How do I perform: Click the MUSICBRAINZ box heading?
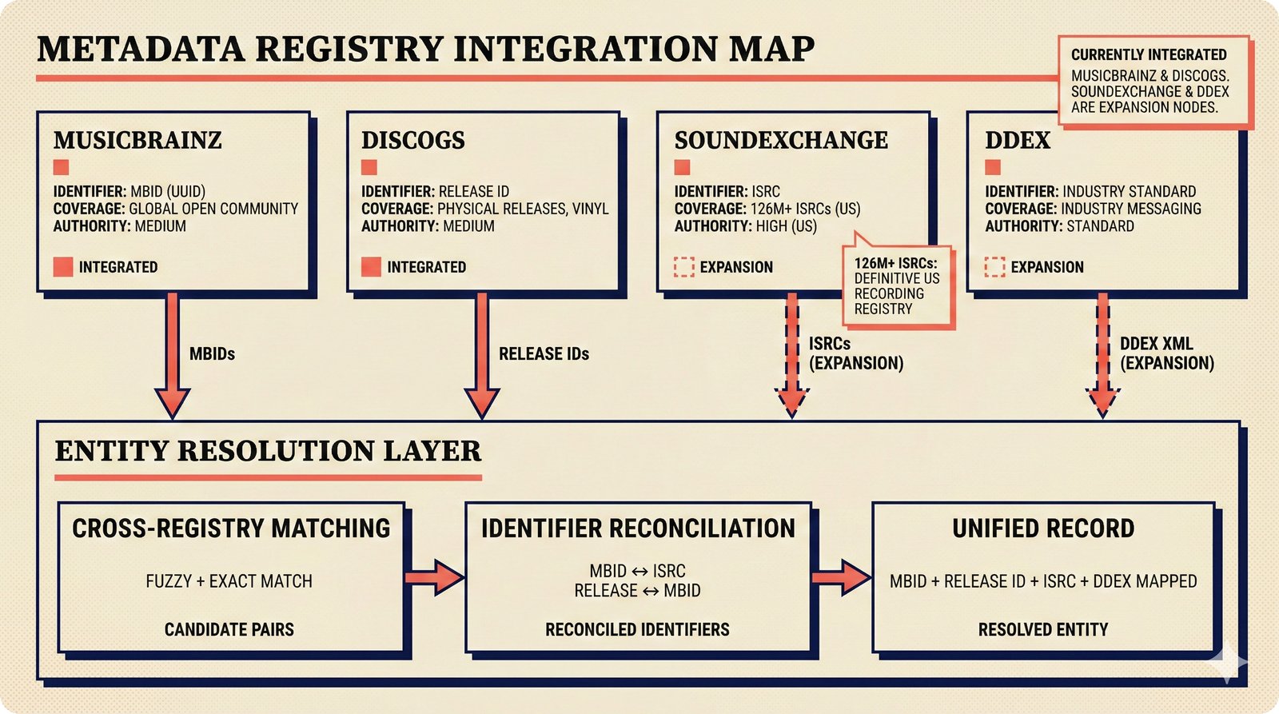137,141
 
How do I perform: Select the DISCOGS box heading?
412,141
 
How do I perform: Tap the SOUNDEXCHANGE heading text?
780,141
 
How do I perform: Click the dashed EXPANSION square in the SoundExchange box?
683,267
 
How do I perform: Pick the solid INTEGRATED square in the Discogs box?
371,267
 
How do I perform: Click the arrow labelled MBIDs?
172,356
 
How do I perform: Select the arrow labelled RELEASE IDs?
482,356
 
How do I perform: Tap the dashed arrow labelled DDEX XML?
1102,356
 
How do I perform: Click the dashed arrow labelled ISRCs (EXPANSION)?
791,356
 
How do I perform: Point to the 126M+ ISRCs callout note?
897,286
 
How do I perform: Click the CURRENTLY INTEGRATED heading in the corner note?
1148,55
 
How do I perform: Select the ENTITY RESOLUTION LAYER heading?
268,452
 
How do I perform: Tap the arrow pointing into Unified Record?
841,577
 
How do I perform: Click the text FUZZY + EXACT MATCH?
229,581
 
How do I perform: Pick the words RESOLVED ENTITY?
1042,630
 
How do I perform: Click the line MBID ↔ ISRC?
637,571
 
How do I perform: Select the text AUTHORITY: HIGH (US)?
745,226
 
